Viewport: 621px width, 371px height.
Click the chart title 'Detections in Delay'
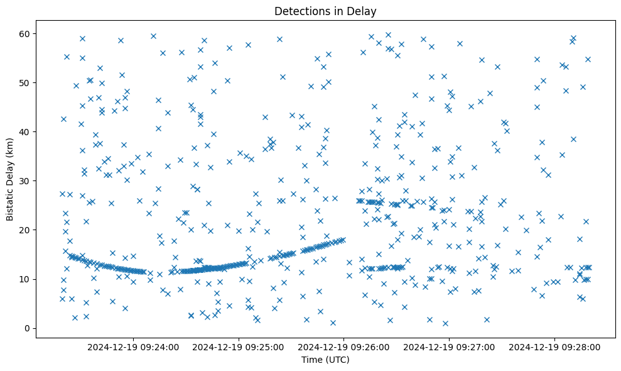325,11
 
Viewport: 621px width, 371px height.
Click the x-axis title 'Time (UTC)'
325,360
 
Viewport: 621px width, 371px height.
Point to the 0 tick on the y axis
26,328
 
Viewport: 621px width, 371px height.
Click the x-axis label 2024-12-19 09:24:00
133,346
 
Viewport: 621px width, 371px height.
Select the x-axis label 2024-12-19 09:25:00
239,346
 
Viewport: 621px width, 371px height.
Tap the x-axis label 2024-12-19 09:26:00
344,346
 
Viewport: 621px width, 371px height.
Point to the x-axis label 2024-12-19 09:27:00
450,346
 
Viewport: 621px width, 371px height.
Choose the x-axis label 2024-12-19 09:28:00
555,346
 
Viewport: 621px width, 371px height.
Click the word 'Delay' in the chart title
364,11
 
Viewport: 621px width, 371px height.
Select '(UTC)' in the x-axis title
337,360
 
